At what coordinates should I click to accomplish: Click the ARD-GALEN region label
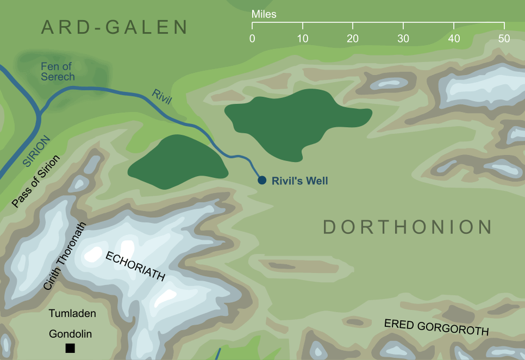click(x=115, y=27)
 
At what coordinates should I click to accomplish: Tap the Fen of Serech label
click(x=58, y=71)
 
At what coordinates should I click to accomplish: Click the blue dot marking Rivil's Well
click(x=261, y=180)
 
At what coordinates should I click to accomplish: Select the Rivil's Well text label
click(x=299, y=181)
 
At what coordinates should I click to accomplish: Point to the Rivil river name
click(x=161, y=98)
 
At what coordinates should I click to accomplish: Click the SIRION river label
click(x=36, y=151)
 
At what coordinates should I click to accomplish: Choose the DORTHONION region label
click(x=408, y=227)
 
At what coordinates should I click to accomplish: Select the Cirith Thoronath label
click(x=65, y=256)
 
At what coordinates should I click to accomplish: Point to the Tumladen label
click(x=72, y=313)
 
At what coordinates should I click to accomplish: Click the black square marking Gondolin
click(x=70, y=348)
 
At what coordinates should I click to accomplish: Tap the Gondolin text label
click(x=70, y=333)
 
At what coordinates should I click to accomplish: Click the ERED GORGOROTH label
click(x=436, y=327)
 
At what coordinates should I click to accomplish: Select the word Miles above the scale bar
click(x=264, y=14)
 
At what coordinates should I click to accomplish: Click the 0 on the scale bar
click(x=252, y=39)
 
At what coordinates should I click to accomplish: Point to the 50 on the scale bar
click(x=504, y=39)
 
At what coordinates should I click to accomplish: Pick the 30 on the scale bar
click(x=403, y=39)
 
